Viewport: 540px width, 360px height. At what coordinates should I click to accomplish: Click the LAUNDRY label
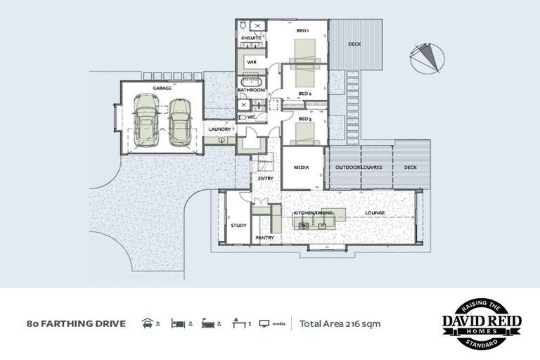tap(220, 129)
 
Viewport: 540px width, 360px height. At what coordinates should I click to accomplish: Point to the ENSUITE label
tap(251, 38)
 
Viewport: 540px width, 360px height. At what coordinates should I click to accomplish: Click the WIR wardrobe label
tap(250, 63)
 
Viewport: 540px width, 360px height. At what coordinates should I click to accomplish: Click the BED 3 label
tap(304, 120)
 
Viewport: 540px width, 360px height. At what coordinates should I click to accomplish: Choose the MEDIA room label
tap(303, 167)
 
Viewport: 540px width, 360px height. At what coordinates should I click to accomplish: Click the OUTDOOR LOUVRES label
tap(359, 167)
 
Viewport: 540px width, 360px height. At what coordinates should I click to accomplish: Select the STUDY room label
tap(238, 226)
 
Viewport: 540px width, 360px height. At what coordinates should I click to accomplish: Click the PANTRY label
tap(264, 238)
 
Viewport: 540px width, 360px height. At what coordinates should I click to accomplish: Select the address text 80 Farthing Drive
tap(76, 324)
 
